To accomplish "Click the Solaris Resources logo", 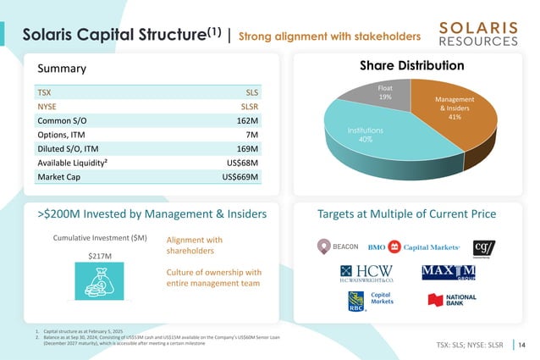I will pyautogui.click(x=479, y=34).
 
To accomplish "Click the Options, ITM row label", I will pyautogui.click(x=61, y=134).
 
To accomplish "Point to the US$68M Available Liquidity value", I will pyautogui.click(x=241, y=163).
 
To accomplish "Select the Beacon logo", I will pyautogui.click(x=338, y=246).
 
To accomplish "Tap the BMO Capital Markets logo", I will pyautogui.click(x=414, y=247).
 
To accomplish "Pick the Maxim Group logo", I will pyautogui.click(x=448, y=273).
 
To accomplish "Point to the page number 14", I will pyautogui.click(x=521, y=345).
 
